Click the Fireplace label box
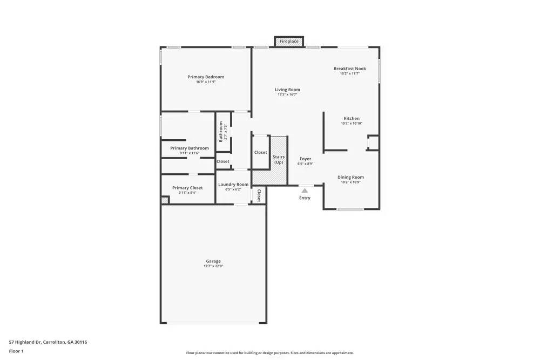[x=289, y=41]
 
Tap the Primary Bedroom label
[x=206, y=77]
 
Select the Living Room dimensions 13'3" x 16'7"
[x=287, y=94]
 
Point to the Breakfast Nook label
[x=350, y=69]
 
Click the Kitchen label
[x=352, y=118]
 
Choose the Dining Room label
[x=350, y=177]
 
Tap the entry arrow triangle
[x=305, y=191]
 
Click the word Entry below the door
[x=305, y=198]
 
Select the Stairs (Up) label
[x=279, y=159]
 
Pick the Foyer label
[x=305, y=159]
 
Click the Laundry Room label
[x=233, y=185]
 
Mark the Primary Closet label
[x=187, y=188]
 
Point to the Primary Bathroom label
[x=190, y=148]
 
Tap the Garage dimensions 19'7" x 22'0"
[x=213, y=266]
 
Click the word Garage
[x=213, y=261]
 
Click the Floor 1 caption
[x=16, y=351]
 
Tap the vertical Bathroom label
[x=221, y=131]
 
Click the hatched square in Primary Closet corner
[x=165, y=200]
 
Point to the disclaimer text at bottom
[x=270, y=353]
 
